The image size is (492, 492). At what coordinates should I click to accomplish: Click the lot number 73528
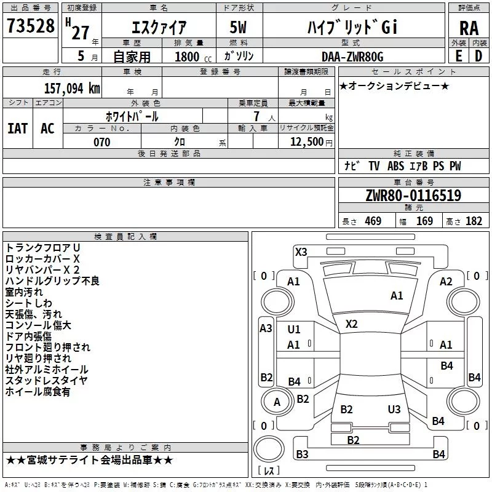click(30, 27)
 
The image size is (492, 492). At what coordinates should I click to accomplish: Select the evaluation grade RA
click(469, 28)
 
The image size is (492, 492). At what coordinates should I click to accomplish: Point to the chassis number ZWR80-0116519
click(413, 196)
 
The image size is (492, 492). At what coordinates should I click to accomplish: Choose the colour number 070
click(101, 142)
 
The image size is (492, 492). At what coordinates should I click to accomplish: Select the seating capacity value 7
click(255, 116)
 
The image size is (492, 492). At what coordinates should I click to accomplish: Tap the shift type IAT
click(17, 129)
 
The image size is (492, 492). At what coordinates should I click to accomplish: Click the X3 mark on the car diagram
click(301, 252)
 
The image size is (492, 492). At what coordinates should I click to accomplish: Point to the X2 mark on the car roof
click(352, 323)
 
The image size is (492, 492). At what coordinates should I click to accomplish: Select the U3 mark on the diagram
click(394, 410)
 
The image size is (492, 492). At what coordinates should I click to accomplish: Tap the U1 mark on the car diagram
click(294, 330)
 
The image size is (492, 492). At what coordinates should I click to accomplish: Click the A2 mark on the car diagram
click(446, 282)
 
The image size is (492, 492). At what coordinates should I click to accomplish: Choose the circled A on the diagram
click(277, 402)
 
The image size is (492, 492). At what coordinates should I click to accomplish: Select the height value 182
click(474, 221)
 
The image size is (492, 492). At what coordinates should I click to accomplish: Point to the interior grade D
click(478, 57)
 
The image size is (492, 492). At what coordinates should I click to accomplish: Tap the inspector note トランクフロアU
click(42, 247)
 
